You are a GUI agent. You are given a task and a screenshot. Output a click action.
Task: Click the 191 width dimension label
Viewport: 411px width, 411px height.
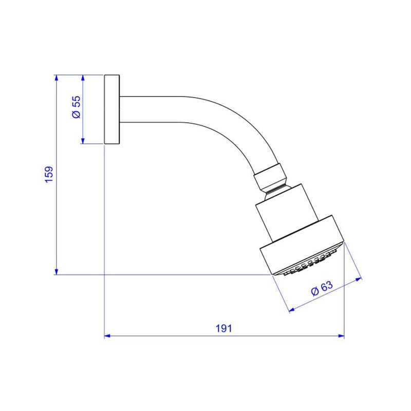(225, 328)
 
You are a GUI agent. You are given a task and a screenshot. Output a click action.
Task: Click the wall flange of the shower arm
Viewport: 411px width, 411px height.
(112, 109)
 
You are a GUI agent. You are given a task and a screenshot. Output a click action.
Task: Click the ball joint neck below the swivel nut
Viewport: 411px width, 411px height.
(276, 191)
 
